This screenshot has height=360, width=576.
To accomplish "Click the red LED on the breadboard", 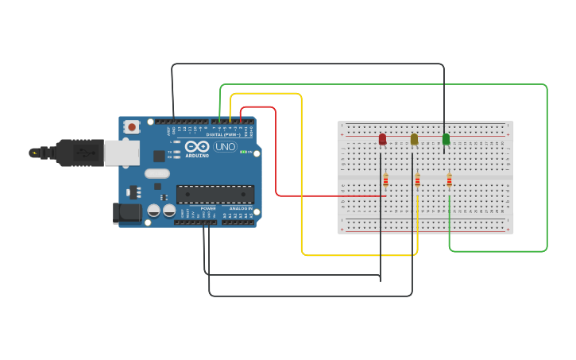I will (x=382, y=139).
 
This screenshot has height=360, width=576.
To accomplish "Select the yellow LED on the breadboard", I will (x=414, y=139).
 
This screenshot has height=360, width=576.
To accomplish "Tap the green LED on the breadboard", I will (x=446, y=139).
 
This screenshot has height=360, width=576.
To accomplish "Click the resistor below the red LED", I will (x=386, y=180).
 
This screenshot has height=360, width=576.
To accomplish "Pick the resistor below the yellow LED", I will (x=417, y=180).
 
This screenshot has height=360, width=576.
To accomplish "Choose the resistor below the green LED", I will (x=449, y=180).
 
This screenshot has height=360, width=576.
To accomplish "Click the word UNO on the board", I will (x=225, y=146).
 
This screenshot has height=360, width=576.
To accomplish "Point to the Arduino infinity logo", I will (x=196, y=146).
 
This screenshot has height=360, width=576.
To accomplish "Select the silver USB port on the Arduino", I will (x=122, y=153).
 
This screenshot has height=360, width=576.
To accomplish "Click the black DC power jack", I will (x=126, y=212).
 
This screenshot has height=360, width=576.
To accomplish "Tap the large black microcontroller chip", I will (x=215, y=194).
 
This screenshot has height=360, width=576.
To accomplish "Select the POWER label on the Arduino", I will (x=207, y=208).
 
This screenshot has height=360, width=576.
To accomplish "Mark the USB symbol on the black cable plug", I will (x=34, y=152).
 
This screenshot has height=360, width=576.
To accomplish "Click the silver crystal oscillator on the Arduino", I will (x=157, y=173).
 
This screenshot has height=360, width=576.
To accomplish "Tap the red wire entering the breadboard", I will (x=334, y=195).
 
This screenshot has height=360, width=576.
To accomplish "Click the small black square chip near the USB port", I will (x=159, y=156).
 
